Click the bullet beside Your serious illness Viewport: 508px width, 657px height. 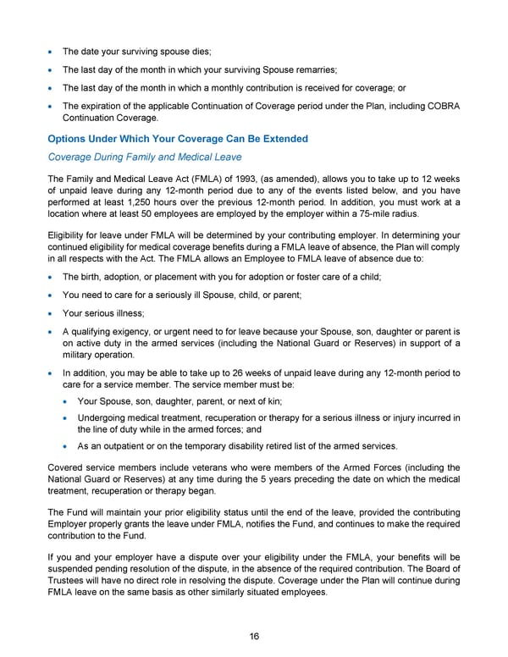click(x=53, y=314)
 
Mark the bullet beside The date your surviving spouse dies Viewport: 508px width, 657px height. click(x=53, y=52)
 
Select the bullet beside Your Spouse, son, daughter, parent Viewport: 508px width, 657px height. click(x=68, y=401)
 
